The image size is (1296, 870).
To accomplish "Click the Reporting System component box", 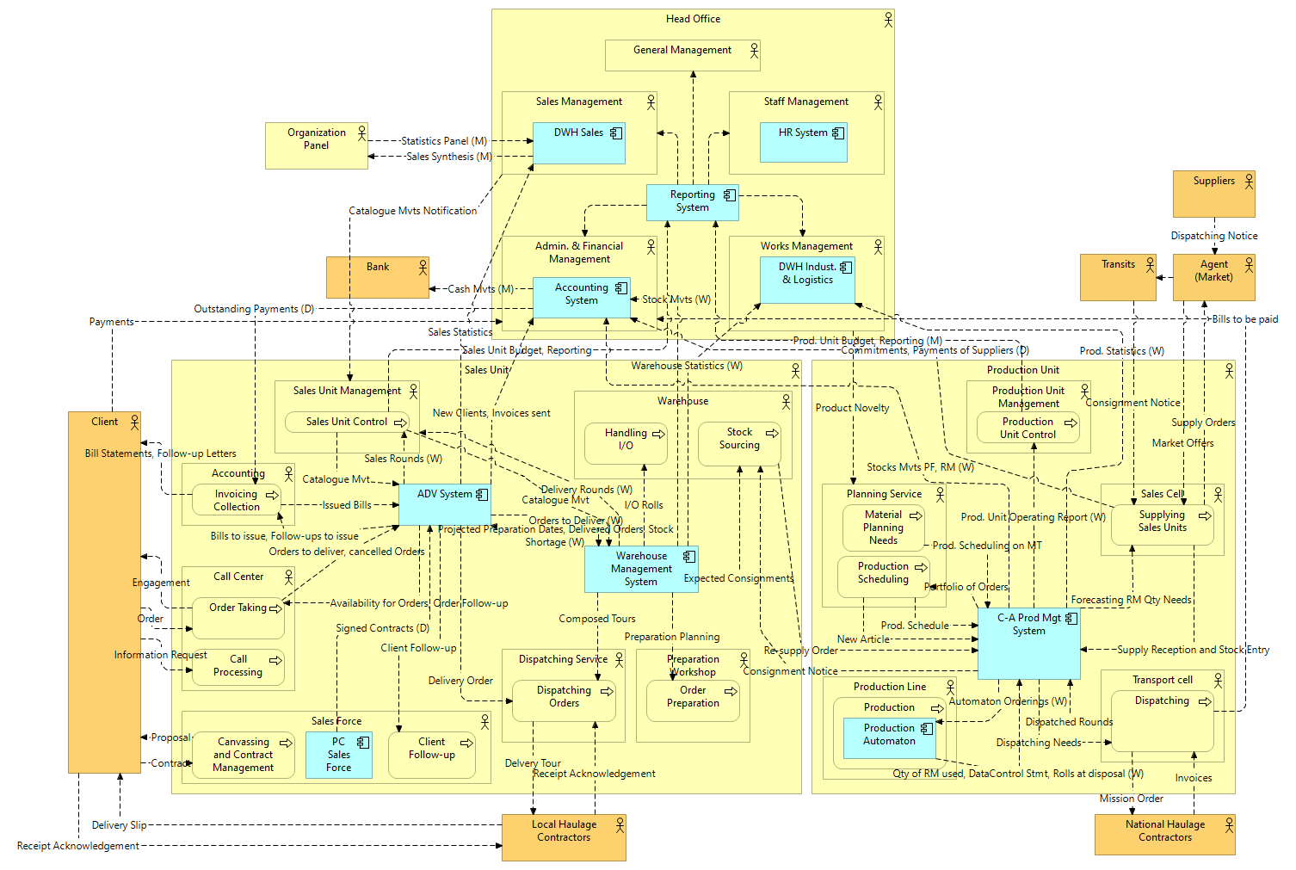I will [692, 201].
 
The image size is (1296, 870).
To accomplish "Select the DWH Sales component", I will [578, 143].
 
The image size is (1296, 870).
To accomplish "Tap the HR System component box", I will [803, 142].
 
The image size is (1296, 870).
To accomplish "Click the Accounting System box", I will [581, 296].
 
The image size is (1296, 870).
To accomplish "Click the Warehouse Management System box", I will [641, 569].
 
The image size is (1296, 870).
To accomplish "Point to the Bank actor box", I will [377, 277].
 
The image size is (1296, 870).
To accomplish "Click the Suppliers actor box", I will [1213, 194].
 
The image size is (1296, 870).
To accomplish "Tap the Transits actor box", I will [1117, 277].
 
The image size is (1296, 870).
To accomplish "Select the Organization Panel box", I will [316, 145].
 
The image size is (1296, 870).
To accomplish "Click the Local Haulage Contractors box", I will [564, 837].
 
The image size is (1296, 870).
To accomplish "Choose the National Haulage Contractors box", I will [1164, 835].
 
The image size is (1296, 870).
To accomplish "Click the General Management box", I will [682, 55].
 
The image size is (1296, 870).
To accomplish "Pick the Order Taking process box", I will [238, 618].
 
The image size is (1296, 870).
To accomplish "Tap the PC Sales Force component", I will [338, 754].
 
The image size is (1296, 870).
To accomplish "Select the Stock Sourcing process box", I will [739, 443].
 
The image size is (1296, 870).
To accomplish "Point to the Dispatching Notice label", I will [1213, 236].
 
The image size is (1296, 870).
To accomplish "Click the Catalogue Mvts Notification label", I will [412, 211].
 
